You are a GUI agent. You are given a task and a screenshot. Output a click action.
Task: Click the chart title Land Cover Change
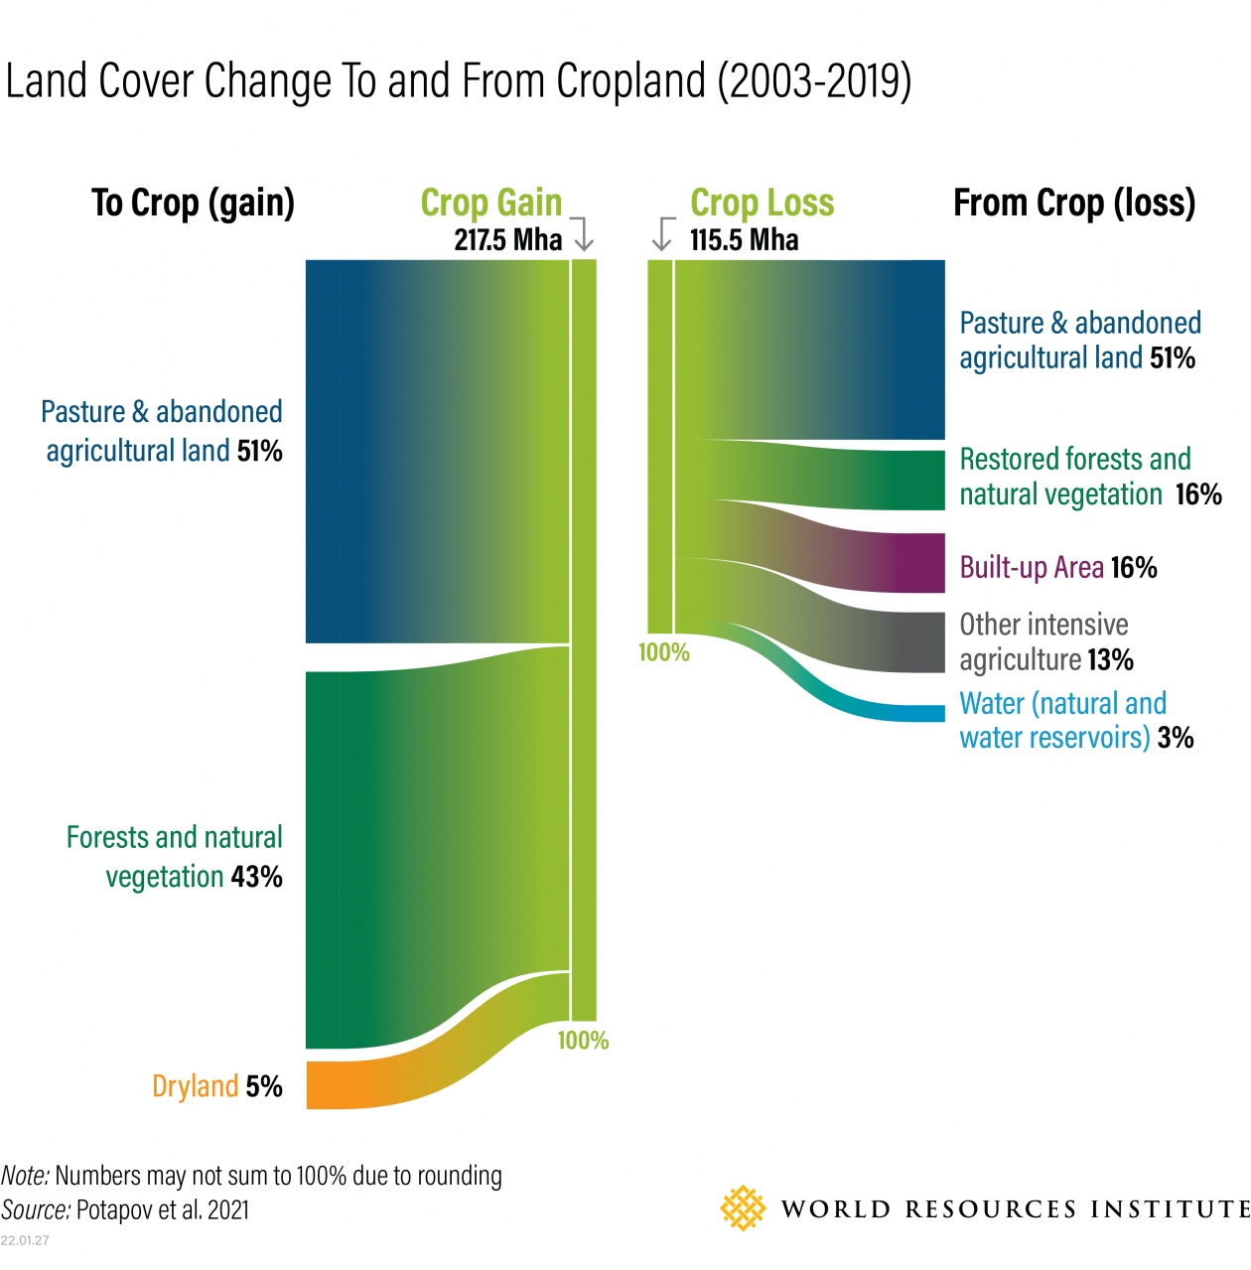coord(458,81)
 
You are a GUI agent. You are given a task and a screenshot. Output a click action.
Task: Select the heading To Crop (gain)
coord(193,203)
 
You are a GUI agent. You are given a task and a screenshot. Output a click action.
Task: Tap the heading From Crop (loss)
coord(1074,203)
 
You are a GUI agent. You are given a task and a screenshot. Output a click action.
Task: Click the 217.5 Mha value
coord(507,239)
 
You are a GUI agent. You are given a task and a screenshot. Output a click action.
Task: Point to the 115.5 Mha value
coord(744,239)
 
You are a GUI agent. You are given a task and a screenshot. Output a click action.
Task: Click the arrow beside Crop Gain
coord(583,233)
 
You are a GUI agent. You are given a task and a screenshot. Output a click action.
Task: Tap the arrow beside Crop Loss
coord(662,233)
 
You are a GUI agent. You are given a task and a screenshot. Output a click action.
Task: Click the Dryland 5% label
coord(216,1086)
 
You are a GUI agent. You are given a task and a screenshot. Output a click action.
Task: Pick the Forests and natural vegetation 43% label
coord(175,857)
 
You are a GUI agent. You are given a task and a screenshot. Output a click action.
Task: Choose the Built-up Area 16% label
coord(1057,568)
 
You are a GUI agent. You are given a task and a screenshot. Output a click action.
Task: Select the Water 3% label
coord(1075,720)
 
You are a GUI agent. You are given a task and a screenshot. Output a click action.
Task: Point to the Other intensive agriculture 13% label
coord(1045,641)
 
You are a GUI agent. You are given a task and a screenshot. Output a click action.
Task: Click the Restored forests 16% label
coord(1089,477)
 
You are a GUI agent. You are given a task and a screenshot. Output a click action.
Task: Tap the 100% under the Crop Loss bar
coord(663,652)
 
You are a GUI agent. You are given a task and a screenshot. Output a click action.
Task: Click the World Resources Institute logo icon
coord(743,1208)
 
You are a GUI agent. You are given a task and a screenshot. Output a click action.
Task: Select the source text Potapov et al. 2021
coord(162,1209)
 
